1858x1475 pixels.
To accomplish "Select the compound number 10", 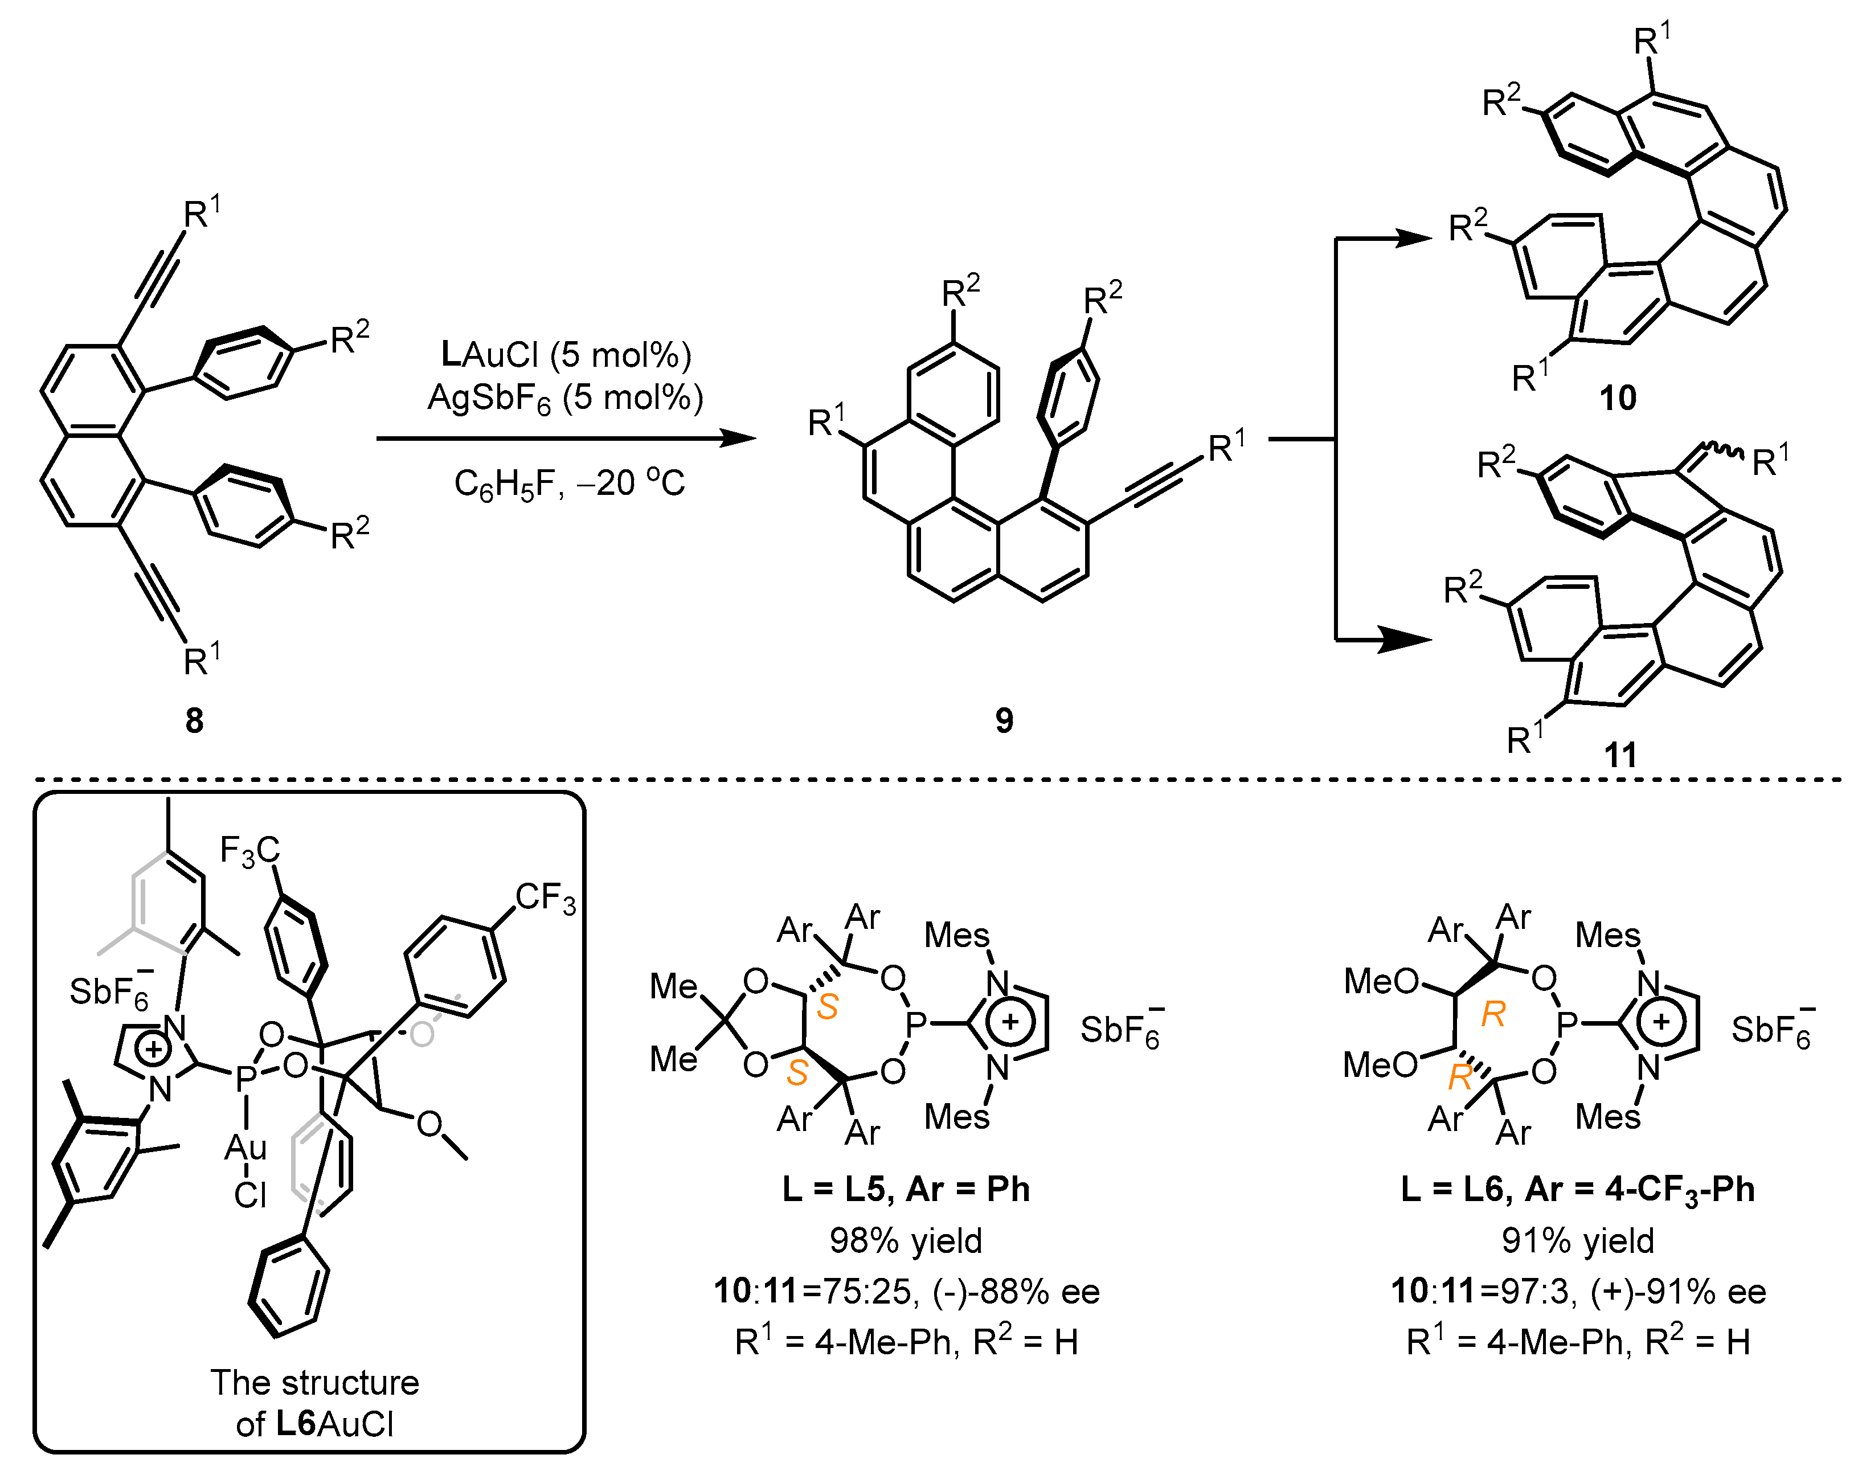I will pos(1618,398).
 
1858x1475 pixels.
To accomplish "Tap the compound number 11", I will pos(1620,755).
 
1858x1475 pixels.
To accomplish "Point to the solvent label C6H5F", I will pos(504,484).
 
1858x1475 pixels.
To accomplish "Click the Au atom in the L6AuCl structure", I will pos(245,1147).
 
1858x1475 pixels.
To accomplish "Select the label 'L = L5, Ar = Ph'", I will pos(906,1189).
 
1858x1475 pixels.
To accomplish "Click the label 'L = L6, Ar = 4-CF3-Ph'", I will pos(1577,1190).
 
